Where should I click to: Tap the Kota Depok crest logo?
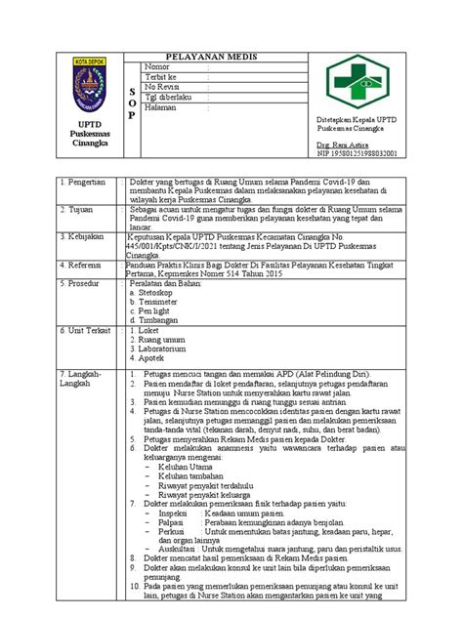[88, 84]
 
